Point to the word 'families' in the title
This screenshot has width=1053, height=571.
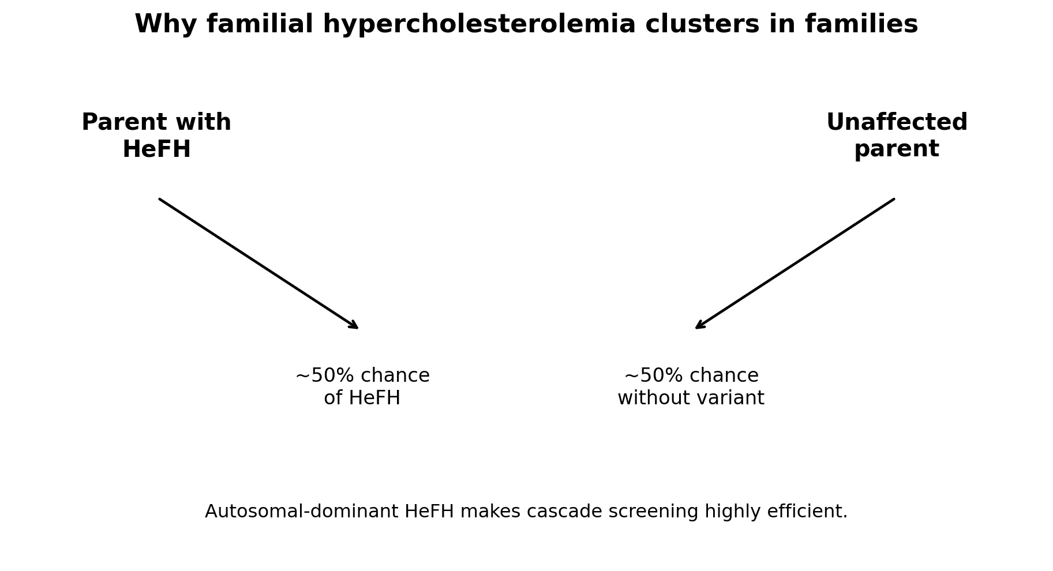(861, 24)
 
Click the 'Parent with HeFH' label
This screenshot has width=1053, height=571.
(156, 136)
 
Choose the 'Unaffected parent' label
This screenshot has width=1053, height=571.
(897, 136)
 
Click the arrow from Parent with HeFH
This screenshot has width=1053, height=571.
(258, 264)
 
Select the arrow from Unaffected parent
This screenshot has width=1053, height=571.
(795, 264)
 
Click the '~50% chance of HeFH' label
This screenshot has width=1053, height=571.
(362, 387)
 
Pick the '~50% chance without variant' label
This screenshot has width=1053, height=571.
(691, 387)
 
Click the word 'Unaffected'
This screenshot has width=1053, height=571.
(897, 123)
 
